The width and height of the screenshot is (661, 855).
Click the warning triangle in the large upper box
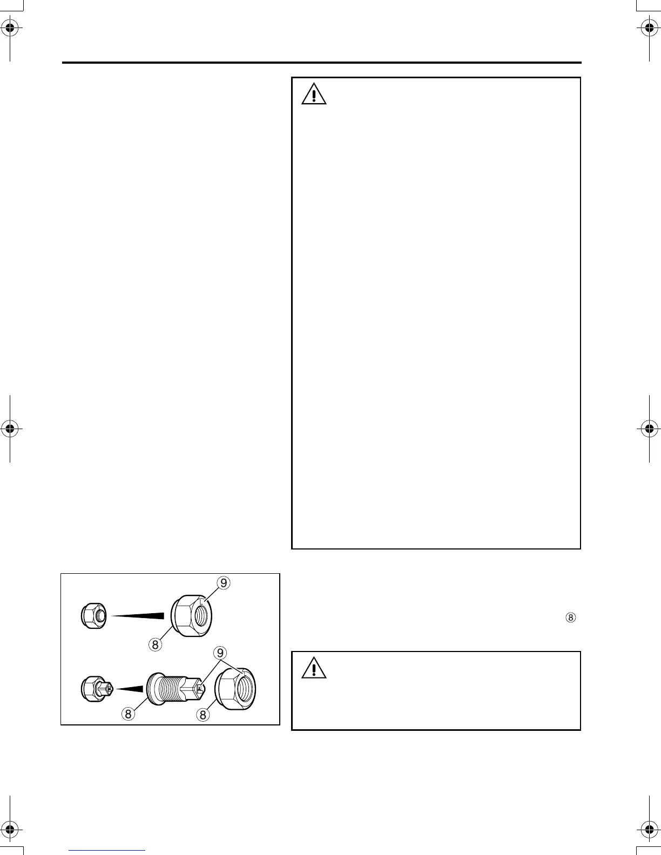(314, 94)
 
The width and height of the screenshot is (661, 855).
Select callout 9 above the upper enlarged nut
(224, 582)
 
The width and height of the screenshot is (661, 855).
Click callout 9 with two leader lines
(220, 653)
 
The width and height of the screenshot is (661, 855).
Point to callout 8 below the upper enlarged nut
(155, 644)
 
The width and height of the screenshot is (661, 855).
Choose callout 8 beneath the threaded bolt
(128, 714)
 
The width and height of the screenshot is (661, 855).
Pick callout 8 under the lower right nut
(203, 715)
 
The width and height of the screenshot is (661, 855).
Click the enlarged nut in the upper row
(191, 615)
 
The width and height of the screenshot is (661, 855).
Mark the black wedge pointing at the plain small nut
(138, 615)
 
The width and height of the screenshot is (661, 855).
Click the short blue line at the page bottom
(107, 850)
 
